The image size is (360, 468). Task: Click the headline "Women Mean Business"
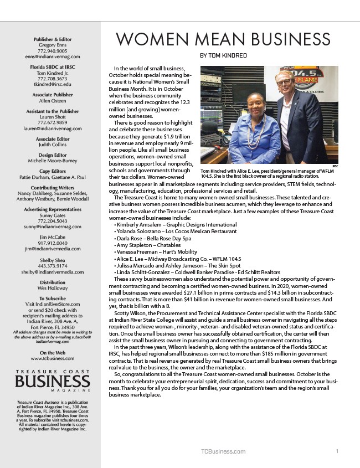click(223, 40)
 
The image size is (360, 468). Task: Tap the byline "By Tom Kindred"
click(223, 56)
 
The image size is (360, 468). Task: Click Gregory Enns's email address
click(53, 56)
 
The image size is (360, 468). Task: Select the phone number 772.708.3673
click(53, 79)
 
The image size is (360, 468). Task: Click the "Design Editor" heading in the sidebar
click(53, 155)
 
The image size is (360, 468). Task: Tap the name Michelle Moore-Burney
click(53, 161)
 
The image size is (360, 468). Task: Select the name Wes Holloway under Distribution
click(53, 289)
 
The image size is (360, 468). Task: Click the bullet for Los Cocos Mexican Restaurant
click(167, 230)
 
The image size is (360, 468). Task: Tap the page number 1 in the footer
click(337, 451)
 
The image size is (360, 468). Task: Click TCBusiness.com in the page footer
click(223, 451)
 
